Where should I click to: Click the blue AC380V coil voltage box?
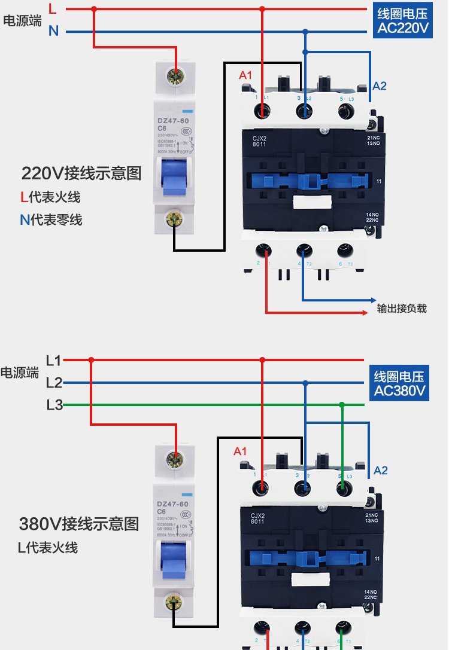[399, 384]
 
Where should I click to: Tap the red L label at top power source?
[53, 9]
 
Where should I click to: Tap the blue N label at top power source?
[53, 31]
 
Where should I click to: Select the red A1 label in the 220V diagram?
[245, 75]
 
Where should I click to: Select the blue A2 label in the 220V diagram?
[380, 86]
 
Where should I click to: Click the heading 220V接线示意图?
[81, 173]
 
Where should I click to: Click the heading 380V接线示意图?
[79, 524]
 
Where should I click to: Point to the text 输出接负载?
[402, 309]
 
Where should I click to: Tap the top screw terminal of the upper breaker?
[176, 76]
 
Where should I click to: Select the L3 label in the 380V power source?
[54, 405]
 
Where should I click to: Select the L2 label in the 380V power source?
[54, 383]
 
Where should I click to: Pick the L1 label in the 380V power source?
[54, 361]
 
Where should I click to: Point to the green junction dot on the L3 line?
[342, 405]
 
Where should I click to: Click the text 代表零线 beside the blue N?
[57, 220]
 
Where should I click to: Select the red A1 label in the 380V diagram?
[240, 451]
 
